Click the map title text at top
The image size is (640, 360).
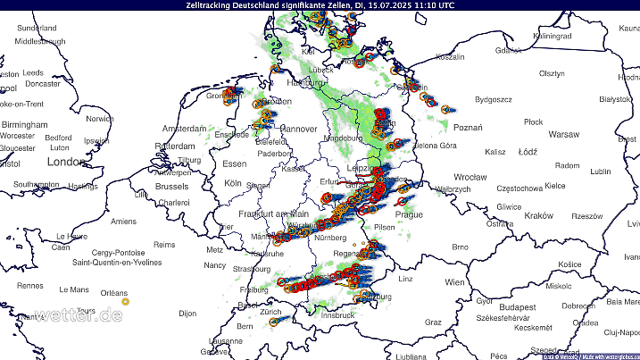click(320, 5)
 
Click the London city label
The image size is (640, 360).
click(63, 163)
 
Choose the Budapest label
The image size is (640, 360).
click(518, 306)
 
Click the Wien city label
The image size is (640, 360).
click(455, 282)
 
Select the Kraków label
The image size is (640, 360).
click(539, 216)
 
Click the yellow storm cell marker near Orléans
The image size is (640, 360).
click(125, 301)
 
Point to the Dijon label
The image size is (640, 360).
click(187, 314)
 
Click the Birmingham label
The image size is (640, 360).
click(24, 125)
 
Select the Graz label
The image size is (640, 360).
click(434, 322)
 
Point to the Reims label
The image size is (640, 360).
click(164, 244)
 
